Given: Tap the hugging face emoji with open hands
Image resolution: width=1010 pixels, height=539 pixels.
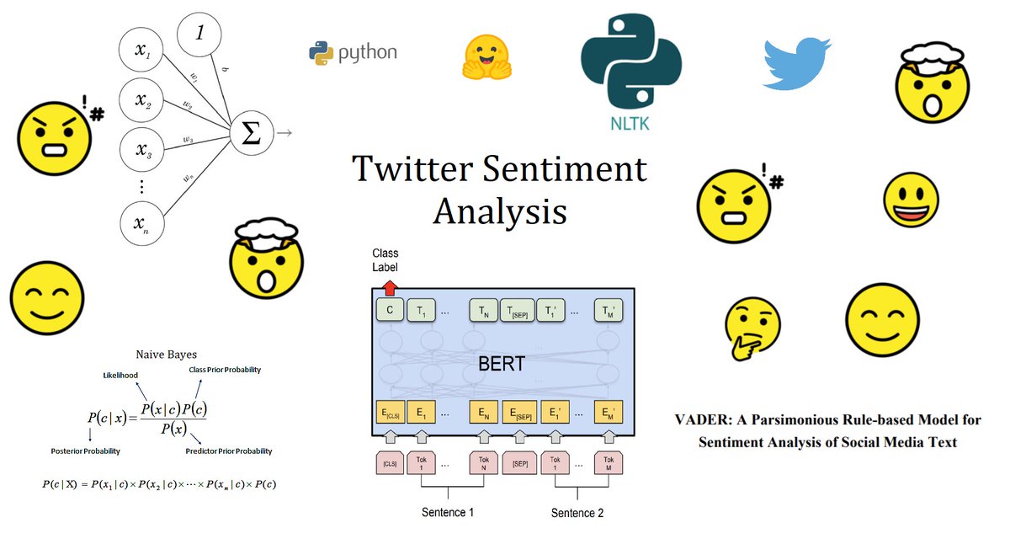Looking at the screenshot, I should point(487,56).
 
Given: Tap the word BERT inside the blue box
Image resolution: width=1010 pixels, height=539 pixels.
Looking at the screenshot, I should point(502,364).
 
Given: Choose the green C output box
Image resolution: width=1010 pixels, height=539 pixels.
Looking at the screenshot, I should point(390,312).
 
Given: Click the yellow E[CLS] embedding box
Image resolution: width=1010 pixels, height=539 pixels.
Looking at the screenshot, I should point(390,413).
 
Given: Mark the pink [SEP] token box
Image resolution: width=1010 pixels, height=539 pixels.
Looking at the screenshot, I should point(518,462).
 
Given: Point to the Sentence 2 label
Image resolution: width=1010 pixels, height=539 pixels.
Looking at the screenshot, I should point(577,512).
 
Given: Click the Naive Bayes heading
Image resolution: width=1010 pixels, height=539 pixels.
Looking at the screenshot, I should point(166,355).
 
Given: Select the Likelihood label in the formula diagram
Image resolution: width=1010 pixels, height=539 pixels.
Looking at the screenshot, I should point(120,374).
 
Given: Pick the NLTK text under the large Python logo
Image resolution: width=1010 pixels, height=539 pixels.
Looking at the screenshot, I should point(630,125).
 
